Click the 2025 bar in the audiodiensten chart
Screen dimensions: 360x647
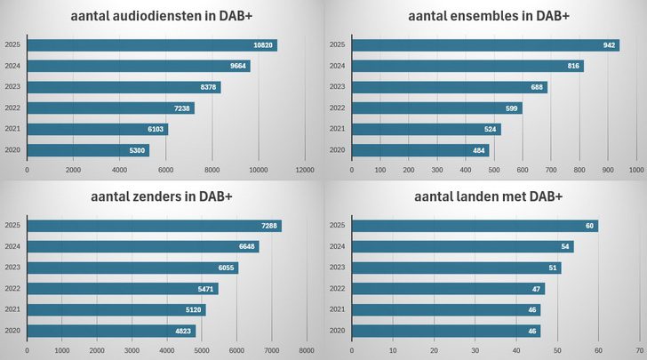tap(151, 45)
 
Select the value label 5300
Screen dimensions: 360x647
tap(137, 150)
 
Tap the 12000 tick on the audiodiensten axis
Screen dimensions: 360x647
tap(305, 169)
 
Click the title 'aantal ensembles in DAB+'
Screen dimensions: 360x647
tap(488, 16)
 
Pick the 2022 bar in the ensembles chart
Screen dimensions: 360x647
tap(436, 108)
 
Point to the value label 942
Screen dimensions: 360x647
tap(609, 45)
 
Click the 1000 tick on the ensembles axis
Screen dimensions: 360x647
tap(636, 169)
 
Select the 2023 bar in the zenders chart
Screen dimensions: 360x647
tap(132, 268)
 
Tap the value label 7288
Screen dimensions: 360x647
tap(269, 226)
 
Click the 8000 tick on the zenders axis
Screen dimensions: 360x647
tap(307, 351)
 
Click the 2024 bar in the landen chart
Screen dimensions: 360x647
tap(462, 246)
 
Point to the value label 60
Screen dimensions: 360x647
tap(589, 226)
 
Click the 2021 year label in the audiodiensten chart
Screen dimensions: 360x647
tap(12, 130)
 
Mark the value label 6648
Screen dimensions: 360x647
tap(247, 247)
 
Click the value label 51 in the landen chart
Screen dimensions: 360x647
tap(553, 268)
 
